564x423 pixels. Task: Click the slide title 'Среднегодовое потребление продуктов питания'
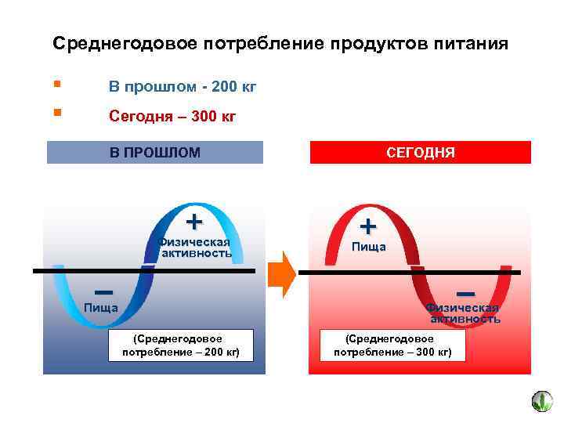coord(280,44)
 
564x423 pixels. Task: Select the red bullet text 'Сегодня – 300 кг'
coord(172,117)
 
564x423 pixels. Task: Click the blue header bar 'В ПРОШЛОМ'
coord(155,152)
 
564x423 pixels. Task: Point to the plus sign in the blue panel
coord(194,221)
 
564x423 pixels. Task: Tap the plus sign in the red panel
coord(368,226)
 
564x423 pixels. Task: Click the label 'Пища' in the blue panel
coord(101,307)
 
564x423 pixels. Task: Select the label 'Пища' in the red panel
coord(368,248)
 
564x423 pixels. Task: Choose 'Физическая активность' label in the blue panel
coord(195,247)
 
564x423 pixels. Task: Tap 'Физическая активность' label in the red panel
coord(465,313)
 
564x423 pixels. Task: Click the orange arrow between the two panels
coord(281,273)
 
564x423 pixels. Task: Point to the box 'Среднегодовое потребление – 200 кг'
coord(181,345)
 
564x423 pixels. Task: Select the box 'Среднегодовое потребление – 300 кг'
coord(392,345)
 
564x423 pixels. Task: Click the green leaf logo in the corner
coord(542,402)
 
